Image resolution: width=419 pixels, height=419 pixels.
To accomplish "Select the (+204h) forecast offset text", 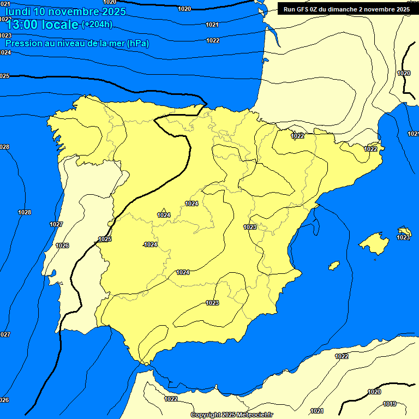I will pos(97,24).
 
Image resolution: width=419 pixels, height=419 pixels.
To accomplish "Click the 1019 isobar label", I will pos(390,404).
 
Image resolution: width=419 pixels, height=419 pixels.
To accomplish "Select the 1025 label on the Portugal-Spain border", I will pos(105,240).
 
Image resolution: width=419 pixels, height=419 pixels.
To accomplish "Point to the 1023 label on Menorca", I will pos(403,237).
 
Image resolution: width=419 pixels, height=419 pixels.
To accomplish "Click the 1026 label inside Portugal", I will pos(63,246).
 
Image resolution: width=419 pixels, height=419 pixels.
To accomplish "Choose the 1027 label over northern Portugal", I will pos(56,224).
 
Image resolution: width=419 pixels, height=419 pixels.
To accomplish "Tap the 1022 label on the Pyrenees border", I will pos(297,136).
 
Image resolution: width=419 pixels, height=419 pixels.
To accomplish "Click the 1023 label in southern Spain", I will pos(212,303).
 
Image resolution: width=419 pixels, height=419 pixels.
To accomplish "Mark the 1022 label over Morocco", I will pos(171,399).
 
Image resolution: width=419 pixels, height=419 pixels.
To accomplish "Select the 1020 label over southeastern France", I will pos(404,73).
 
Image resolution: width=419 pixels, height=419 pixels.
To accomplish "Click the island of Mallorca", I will pos(373,242).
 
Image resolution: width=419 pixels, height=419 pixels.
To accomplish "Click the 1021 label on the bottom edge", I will pos(317,411).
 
